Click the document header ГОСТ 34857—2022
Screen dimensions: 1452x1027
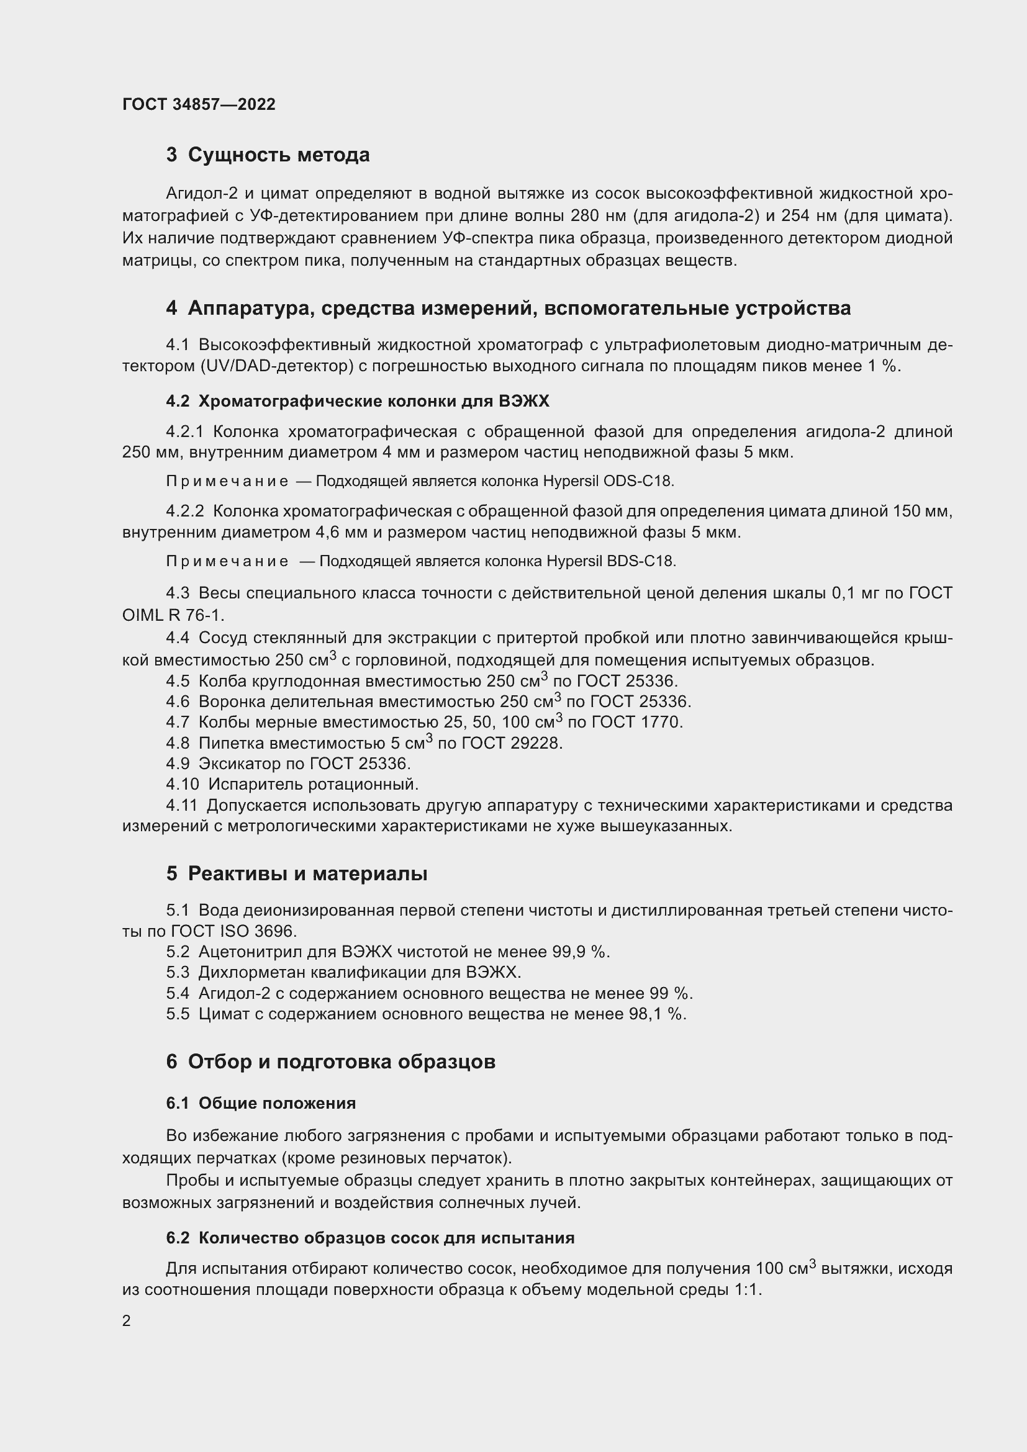coord(199,104)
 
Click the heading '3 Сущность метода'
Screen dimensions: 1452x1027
coord(268,155)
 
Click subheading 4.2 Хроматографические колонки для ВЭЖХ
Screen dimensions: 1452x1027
coord(357,402)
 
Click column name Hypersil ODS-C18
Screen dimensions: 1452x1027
coord(608,481)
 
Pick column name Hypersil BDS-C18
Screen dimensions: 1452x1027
coord(611,562)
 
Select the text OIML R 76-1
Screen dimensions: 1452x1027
coord(173,615)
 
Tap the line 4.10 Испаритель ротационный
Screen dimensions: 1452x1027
coord(292,785)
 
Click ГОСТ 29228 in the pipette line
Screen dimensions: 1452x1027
coord(512,743)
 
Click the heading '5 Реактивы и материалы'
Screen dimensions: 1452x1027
coord(297,874)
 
